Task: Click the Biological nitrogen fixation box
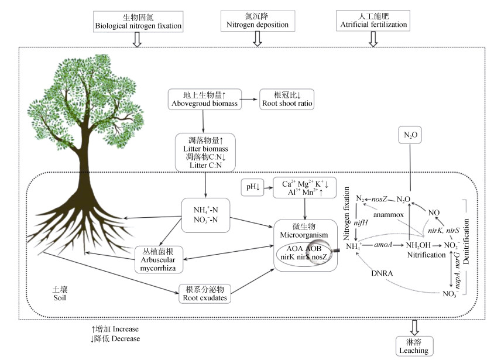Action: click(x=138, y=21)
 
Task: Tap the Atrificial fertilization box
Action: click(x=373, y=21)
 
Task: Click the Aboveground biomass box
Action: click(x=202, y=99)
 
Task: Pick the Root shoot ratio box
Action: click(x=286, y=99)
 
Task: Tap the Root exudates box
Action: click(x=204, y=293)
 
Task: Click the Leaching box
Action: click(x=414, y=346)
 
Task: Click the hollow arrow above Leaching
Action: click(x=414, y=326)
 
